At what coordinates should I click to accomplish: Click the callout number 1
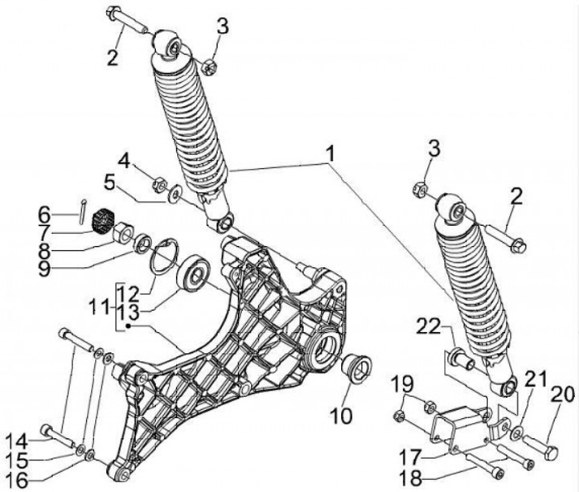coord(331,154)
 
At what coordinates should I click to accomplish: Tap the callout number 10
coord(341,416)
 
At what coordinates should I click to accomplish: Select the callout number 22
coord(429,327)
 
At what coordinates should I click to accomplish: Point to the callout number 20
coord(563,394)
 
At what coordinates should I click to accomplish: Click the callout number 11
coord(100,307)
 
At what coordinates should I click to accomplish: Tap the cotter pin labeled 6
coord(82,211)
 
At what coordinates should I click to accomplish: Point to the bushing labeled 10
coord(355,368)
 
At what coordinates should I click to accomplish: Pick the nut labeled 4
coord(159,182)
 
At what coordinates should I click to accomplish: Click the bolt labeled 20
coord(540,447)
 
